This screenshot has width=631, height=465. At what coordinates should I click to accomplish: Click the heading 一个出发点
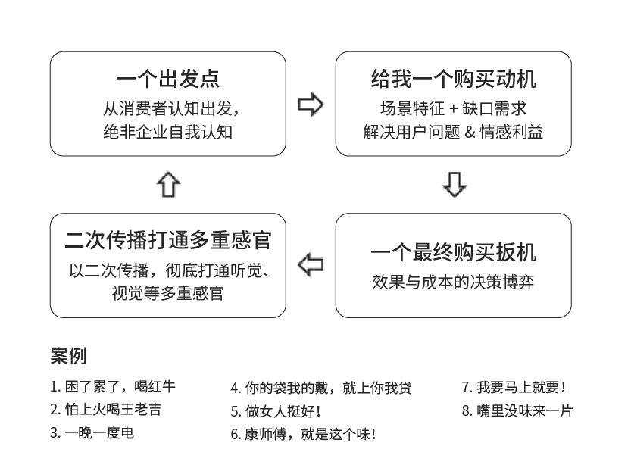[168, 79]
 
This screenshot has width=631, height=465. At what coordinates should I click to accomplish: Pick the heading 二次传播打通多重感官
[168, 240]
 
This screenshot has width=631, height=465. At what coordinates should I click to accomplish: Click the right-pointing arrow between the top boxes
[311, 105]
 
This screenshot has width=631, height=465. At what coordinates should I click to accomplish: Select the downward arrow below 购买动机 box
[454, 184]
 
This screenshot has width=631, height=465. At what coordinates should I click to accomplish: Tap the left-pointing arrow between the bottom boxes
[311, 265]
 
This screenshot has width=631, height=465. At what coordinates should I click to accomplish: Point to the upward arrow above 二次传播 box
[168, 184]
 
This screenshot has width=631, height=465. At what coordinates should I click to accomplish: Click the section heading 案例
[68, 355]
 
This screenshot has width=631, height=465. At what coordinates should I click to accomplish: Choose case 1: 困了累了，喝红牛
[113, 387]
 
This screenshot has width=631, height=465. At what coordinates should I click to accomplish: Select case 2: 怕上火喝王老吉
[105, 410]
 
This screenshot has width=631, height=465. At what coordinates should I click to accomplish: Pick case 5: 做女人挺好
[276, 411]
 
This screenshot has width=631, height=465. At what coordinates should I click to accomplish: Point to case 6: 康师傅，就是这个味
[303, 434]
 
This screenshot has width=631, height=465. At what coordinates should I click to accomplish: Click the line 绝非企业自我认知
[168, 131]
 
